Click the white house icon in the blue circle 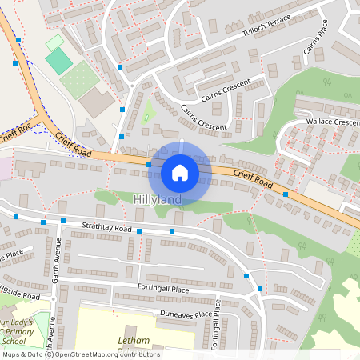[x=180, y=172]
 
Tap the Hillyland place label [x=158, y=198]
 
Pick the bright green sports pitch [x=58, y=60]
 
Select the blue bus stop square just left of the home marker [x=149, y=165]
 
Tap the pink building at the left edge [x=4, y=168]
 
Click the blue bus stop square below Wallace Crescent [x=286, y=194]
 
